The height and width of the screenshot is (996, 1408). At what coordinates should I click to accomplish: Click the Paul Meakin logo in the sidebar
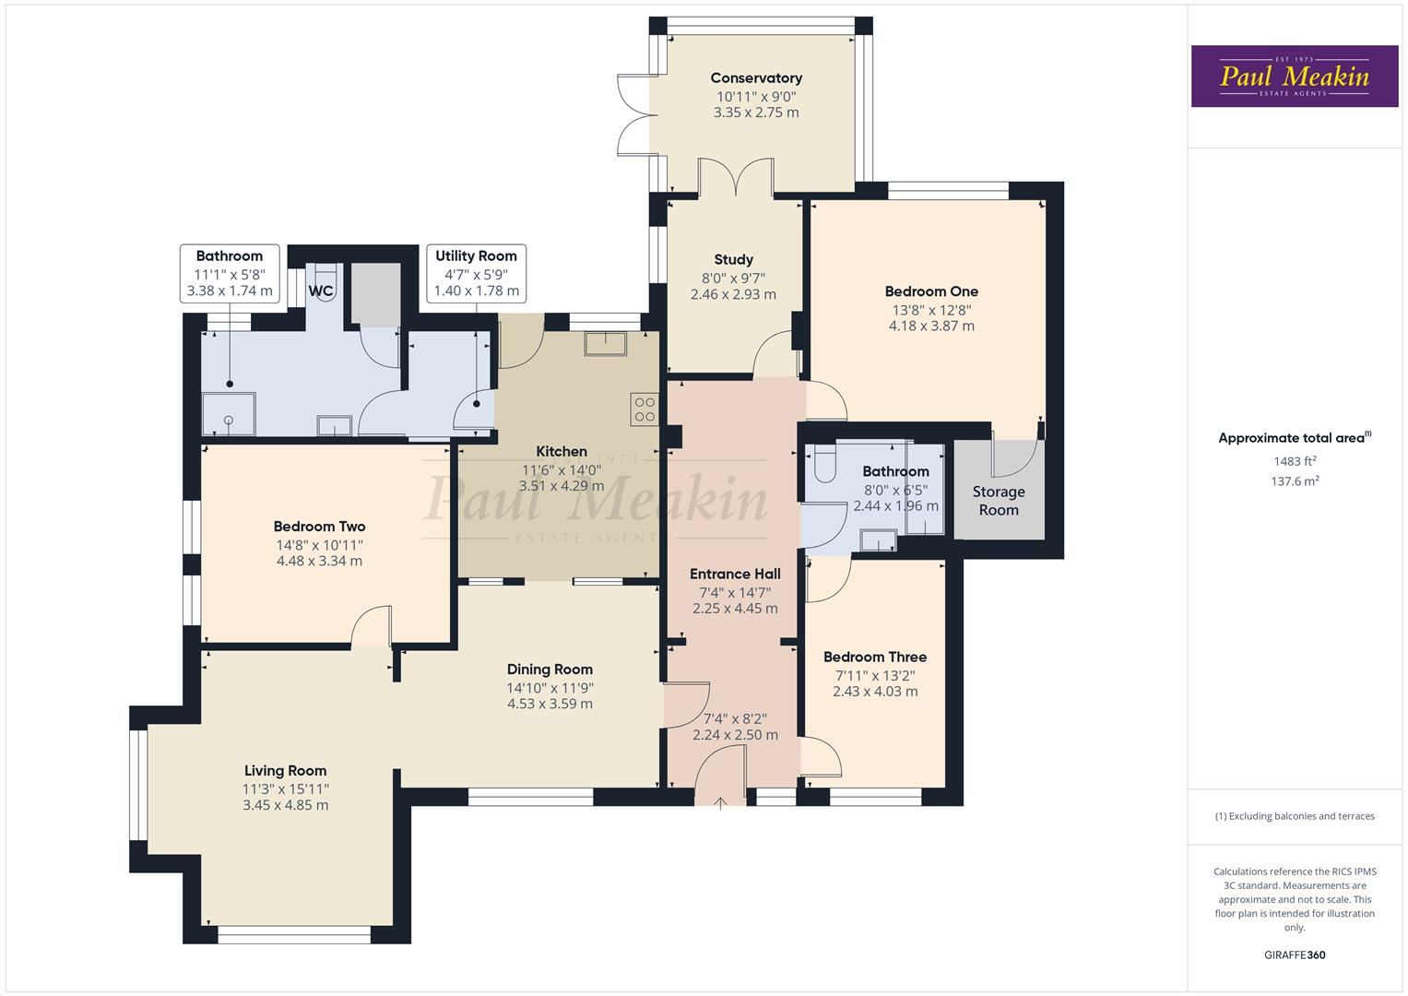(x=1294, y=77)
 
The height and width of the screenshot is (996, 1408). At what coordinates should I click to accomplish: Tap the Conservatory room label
(x=756, y=78)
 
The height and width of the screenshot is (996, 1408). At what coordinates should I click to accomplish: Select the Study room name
(x=733, y=260)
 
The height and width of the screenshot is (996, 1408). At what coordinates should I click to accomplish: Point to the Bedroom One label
(x=931, y=291)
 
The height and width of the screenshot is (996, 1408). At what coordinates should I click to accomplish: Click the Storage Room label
(x=998, y=501)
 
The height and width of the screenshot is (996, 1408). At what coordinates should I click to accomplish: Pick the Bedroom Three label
(x=874, y=658)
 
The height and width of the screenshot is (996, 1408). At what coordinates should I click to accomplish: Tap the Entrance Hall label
(x=735, y=574)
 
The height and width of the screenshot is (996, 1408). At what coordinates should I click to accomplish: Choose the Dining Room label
(x=550, y=670)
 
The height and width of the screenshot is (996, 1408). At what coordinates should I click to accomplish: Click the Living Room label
(x=285, y=771)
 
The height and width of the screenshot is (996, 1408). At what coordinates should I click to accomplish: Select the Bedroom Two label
(x=319, y=527)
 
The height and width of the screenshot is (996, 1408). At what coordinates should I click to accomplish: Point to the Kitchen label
(x=562, y=452)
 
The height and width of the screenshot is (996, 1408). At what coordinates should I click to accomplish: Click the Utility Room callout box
(x=476, y=273)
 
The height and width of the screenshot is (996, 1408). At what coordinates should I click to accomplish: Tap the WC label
(x=321, y=291)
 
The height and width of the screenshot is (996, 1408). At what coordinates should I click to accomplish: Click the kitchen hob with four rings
(x=645, y=409)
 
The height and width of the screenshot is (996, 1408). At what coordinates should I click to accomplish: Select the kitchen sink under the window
(x=605, y=343)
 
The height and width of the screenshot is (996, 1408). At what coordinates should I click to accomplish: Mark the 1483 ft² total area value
(x=1295, y=461)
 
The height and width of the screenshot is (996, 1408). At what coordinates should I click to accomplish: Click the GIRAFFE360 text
(x=1295, y=954)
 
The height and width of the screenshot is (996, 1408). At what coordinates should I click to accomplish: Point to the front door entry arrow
(x=721, y=801)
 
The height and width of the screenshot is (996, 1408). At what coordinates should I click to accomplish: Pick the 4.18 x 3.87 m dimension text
(x=931, y=326)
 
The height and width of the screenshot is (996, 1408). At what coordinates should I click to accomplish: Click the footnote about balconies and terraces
(x=1295, y=816)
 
